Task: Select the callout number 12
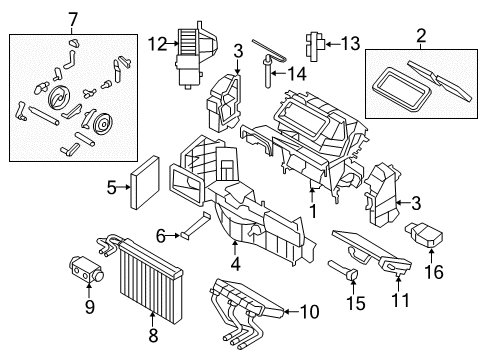click(x=154, y=42)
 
